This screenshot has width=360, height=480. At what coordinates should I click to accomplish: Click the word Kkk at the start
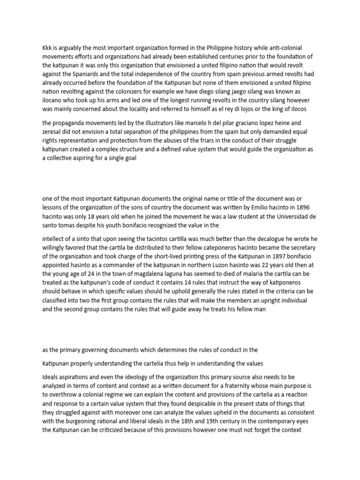point(47,47)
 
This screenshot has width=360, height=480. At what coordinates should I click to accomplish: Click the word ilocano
point(54,101)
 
